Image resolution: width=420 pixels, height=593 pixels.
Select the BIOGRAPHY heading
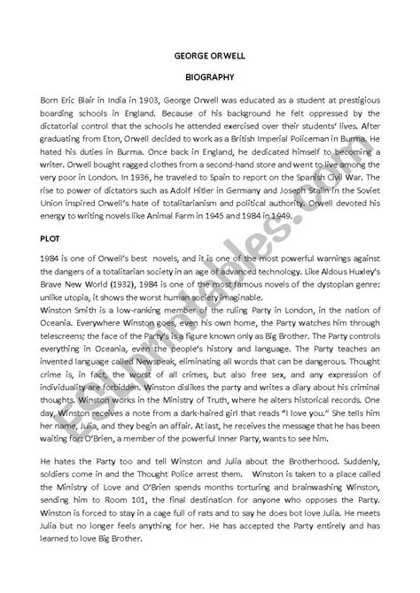tap(210, 77)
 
